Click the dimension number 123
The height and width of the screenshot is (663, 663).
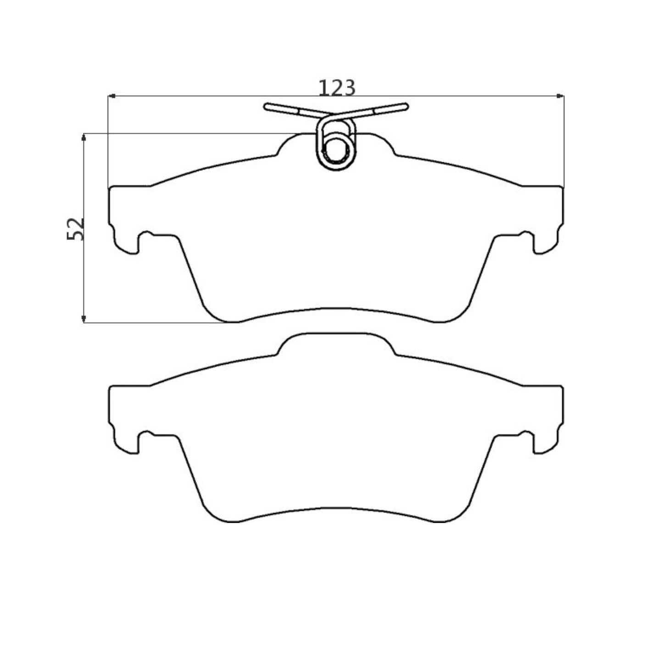click(337, 88)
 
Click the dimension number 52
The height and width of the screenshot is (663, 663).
click(76, 228)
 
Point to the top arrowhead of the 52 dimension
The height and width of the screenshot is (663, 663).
click(84, 137)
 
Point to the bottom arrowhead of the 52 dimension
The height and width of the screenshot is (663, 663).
click(84, 319)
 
